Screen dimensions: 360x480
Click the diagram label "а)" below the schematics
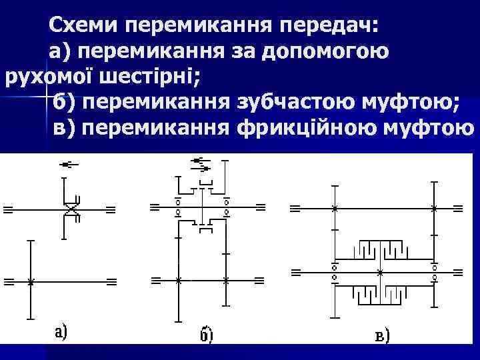pyautogui.click(x=59, y=331)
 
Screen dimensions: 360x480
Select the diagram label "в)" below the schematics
pyautogui.click(x=382, y=335)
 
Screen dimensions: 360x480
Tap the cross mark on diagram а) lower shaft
pyautogui.click(x=31, y=282)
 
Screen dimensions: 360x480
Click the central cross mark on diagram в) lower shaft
pyautogui.click(x=379, y=273)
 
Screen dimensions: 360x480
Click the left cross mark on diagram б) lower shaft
pyautogui.click(x=178, y=280)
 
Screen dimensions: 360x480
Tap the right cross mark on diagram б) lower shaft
pyautogui.click(x=227, y=280)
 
